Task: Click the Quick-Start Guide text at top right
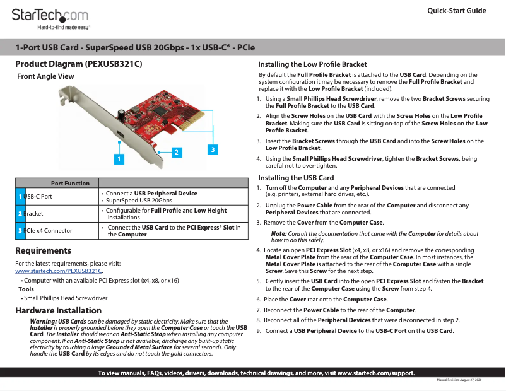tap(456, 11)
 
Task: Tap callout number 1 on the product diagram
tap(117, 159)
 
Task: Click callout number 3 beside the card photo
tap(213, 149)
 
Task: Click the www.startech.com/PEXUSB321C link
tap(59, 271)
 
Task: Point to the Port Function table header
tap(70, 183)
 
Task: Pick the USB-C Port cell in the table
tap(38, 197)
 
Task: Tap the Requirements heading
tap(43, 251)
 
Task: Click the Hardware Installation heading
tap(58, 310)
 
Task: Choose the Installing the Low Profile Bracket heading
tap(313, 64)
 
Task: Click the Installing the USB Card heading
tap(297, 178)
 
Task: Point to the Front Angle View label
tap(46, 76)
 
